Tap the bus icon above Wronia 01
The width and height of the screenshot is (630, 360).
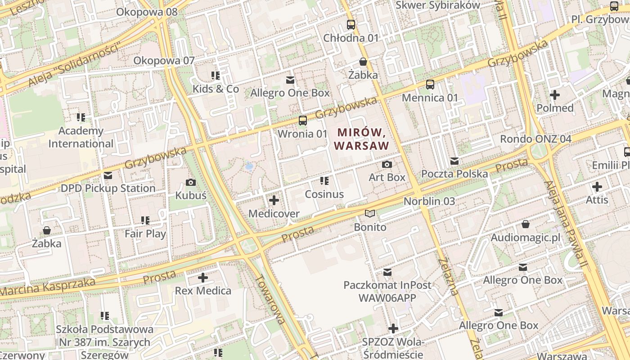pyautogui.click(x=303, y=121)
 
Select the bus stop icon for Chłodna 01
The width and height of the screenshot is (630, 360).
pyautogui.click(x=351, y=25)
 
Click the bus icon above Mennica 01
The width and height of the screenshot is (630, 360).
pyautogui.click(x=430, y=84)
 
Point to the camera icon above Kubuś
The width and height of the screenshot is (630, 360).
pyautogui.click(x=191, y=182)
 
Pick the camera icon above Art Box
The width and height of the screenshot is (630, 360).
pyautogui.click(x=387, y=164)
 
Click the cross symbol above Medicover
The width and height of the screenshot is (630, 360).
pyautogui.click(x=274, y=200)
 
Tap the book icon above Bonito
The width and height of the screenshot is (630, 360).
pyautogui.click(x=370, y=214)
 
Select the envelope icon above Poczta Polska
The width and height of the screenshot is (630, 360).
pyautogui.click(x=454, y=161)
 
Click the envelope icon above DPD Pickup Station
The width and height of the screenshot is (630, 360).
pyautogui.click(x=108, y=175)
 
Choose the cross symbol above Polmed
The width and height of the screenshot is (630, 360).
pyautogui.click(x=555, y=95)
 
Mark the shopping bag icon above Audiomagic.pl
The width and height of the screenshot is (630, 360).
pyautogui.click(x=526, y=224)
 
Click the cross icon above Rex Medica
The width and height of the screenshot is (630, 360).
pyautogui.click(x=203, y=278)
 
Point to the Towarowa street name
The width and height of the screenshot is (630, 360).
pyautogui.click(x=270, y=299)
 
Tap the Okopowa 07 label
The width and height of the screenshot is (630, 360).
pyautogui.click(x=164, y=60)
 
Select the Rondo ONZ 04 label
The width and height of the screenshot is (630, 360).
pyautogui.click(x=535, y=139)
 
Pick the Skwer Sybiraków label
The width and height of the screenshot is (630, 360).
pyautogui.click(x=438, y=5)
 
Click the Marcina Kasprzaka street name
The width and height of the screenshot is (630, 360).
pyautogui.click(x=47, y=288)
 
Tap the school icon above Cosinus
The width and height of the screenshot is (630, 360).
pyautogui.click(x=324, y=181)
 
